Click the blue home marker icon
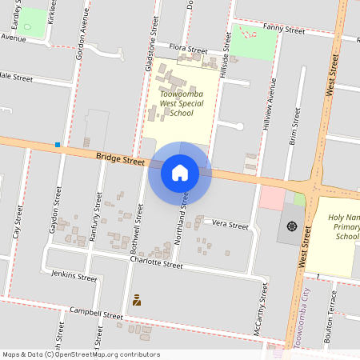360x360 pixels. coord(180,172)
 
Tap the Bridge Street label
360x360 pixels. coord(121,159)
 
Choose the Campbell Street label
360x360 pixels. coord(96,314)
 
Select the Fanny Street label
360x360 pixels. coord(284,30)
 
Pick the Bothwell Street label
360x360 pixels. coord(137,229)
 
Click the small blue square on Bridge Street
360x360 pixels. coord(58,145)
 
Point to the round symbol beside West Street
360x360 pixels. coord(291,226)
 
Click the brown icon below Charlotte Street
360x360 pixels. coord(137,300)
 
